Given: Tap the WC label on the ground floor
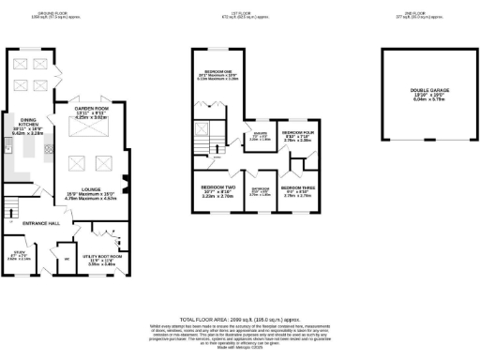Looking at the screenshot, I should click(66, 258).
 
